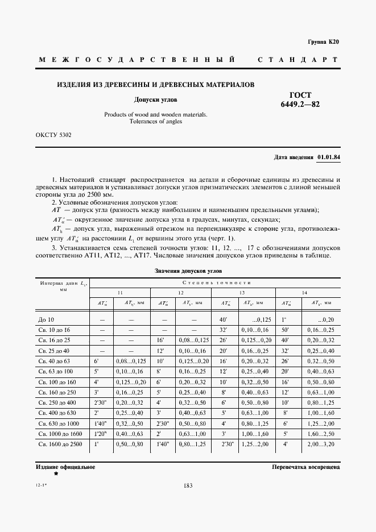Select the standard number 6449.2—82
coord(300,105)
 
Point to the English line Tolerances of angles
coord(155,122)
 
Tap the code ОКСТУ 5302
coord(53,136)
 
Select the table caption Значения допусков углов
coord(188,271)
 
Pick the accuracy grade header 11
coord(120,292)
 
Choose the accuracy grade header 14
coord(305,292)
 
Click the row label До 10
coord(46,320)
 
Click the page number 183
coord(188,485)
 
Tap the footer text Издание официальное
coord(65,467)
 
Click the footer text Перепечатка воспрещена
coord(306,467)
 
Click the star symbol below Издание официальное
coord(56,473)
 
